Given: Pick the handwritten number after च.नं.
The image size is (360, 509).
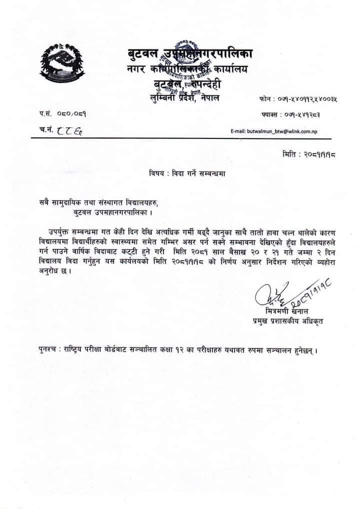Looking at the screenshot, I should click(x=69, y=130).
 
